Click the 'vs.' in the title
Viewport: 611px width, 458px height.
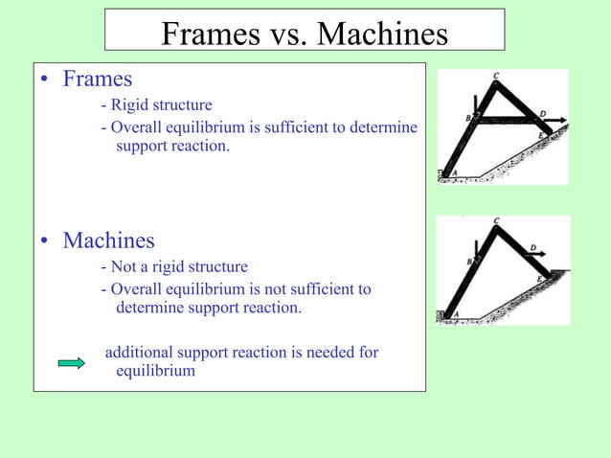tap(283, 34)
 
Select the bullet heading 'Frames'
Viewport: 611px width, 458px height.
tap(97, 79)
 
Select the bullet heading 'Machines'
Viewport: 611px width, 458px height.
tap(108, 240)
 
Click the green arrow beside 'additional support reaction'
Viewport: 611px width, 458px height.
tap(72, 362)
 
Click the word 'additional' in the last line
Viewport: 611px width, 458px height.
tap(138, 353)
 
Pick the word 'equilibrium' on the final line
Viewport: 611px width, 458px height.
tap(155, 370)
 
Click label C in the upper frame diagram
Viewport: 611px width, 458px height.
tap(495, 75)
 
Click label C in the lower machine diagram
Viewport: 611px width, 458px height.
tap(495, 221)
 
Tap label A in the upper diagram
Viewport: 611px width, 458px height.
tap(454, 172)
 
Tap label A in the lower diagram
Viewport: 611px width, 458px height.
tap(454, 313)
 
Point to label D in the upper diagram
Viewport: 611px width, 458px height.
tap(543, 114)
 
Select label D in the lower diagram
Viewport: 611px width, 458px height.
tap(532, 248)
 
